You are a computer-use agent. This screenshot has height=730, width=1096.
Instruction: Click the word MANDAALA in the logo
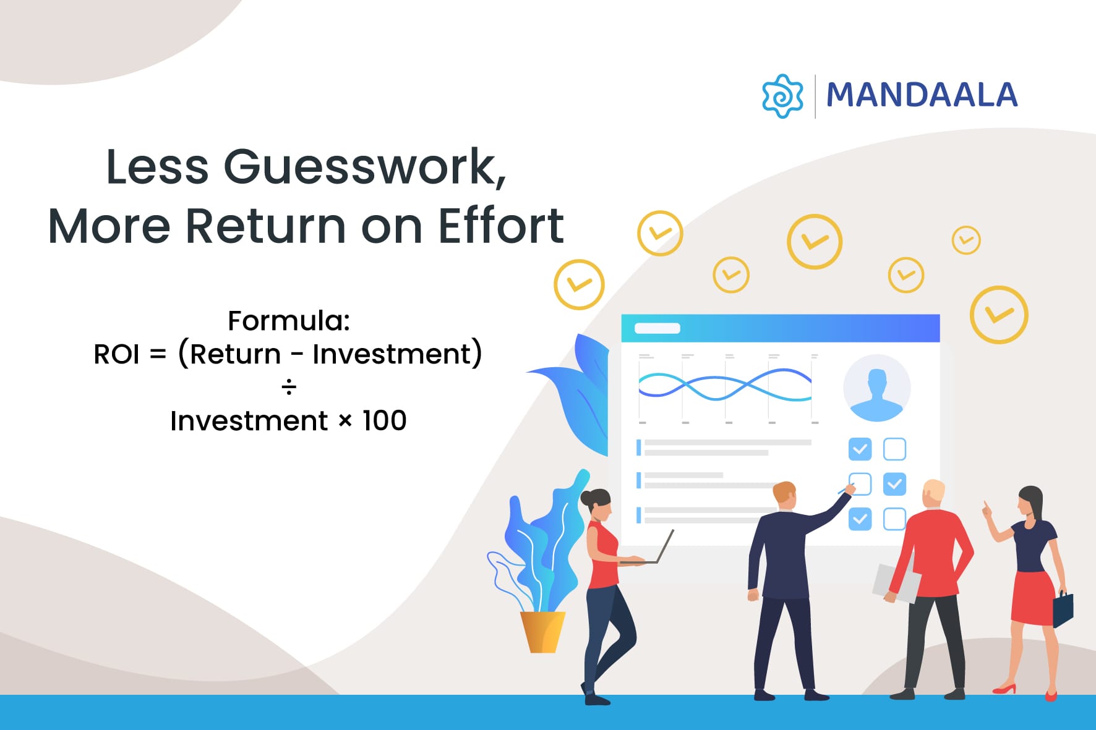coord(922,95)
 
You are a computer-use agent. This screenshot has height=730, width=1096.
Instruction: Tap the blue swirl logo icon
coord(782,96)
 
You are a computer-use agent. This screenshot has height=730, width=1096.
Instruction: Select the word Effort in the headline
coord(500,226)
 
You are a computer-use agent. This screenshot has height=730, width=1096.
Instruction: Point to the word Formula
coord(288,321)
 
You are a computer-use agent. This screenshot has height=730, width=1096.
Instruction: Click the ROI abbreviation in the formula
coord(116,355)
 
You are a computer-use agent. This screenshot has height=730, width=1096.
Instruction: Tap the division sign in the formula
coord(288,388)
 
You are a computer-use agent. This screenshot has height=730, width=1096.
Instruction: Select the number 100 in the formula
coord(384,421)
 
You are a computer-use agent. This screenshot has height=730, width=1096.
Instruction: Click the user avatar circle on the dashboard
coord(876,388)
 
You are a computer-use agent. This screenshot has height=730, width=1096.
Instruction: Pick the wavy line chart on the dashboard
coord(725,386)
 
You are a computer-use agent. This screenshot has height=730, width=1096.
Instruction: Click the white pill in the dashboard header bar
coord(657,328)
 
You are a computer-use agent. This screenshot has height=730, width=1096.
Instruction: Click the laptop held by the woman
coord(656,550)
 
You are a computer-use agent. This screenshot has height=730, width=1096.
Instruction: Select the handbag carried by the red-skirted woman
coord(1063,609)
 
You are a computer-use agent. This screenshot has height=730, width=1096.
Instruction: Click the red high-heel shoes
coord(1004,689)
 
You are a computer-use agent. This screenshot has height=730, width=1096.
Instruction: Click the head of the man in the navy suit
coord(784,496)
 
